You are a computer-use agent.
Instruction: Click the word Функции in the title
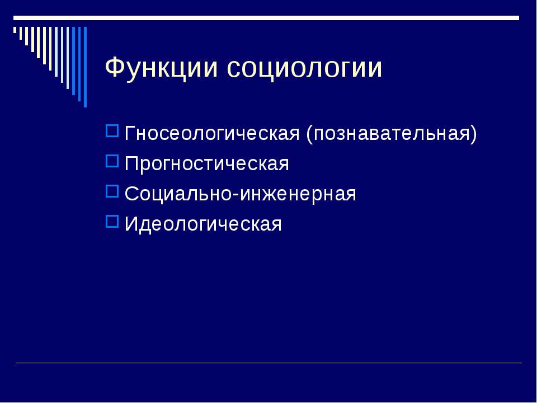coord(161,68)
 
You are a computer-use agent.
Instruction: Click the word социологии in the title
coord(304,68)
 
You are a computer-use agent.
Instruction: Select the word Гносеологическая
coord(212,133)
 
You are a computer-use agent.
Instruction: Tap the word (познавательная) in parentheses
coord(392,133)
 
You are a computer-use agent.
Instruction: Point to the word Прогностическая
coord(206,163)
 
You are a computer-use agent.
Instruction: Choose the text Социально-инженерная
coord(240,194)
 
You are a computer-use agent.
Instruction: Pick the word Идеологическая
coord(203,224)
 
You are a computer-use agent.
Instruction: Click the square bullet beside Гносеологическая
coord(112,131)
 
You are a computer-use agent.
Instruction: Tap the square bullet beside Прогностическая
coord(112,161)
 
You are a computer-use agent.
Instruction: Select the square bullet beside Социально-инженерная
coord(112,191)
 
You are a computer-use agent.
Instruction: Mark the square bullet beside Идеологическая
coord(112,222)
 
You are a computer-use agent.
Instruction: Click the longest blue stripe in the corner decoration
coord(85,67)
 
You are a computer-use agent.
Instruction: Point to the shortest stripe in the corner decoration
coord(15,30)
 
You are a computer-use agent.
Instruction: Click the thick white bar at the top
coord(266,18)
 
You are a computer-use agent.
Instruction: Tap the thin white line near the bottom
coord(269,363)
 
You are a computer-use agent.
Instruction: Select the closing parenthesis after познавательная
coord(474,134)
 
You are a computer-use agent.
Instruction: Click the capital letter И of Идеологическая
coord(131,224)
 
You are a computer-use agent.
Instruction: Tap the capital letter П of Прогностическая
coord(131,163)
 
